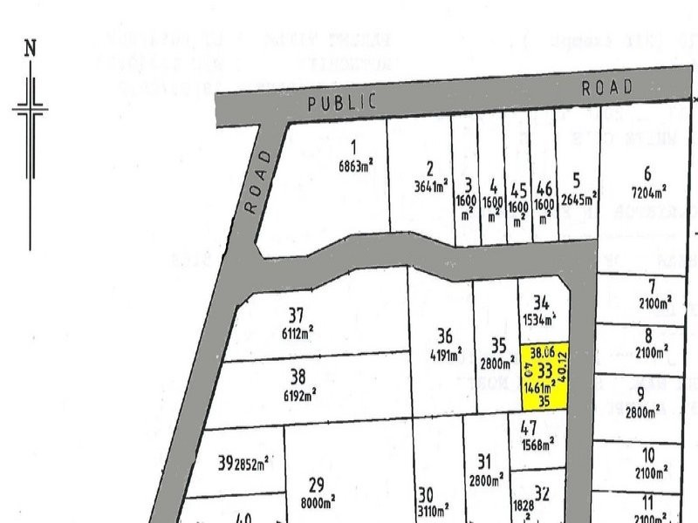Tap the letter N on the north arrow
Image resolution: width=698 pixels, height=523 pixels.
point(31,48)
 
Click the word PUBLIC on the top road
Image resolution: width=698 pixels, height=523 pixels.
point(342,103)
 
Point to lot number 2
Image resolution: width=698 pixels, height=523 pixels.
point(429,168)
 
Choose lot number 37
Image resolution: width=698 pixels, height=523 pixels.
point(296,315)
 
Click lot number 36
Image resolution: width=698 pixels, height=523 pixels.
point(444,336)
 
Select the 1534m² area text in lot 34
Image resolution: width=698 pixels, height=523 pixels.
point(540,320)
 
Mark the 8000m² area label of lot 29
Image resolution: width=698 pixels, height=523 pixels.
point(317,503)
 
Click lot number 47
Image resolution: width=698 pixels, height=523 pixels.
point(528,427)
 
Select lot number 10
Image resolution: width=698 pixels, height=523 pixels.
point(647,454)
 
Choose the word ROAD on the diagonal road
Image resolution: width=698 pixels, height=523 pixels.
point(259,180)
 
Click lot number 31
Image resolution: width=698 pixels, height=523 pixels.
point(484,461)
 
